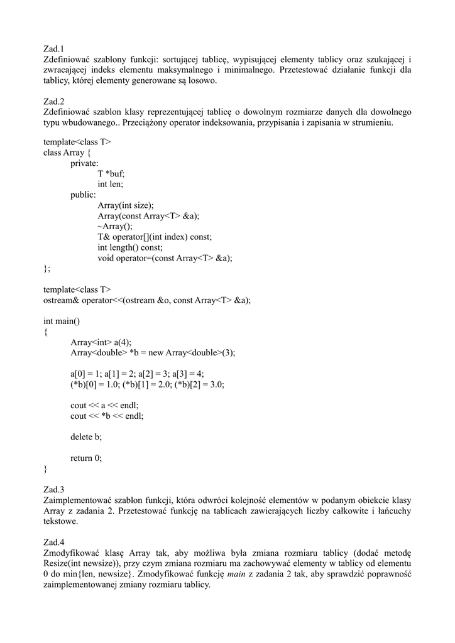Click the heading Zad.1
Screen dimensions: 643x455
click(54, 48)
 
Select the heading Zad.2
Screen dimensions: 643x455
click(54, 101)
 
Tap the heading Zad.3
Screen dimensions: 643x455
click(54, 489)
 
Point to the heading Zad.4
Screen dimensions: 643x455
click(54, 542)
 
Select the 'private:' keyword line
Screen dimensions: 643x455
click(85, 163)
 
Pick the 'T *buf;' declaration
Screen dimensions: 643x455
click(111, 174)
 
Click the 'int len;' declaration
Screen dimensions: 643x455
click(111, 185)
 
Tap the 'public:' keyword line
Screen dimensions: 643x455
click(84, 195)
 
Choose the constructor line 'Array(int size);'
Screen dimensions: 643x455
click(126, 205)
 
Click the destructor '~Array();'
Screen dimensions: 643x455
click(115, 227)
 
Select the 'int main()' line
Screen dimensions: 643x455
click(62, 321)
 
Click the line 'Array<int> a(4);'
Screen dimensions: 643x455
click(101, 342)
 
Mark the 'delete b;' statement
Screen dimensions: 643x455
click(86, 437)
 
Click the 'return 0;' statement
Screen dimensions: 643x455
click(86, 458)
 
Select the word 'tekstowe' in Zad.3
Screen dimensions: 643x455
click(60, 521)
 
